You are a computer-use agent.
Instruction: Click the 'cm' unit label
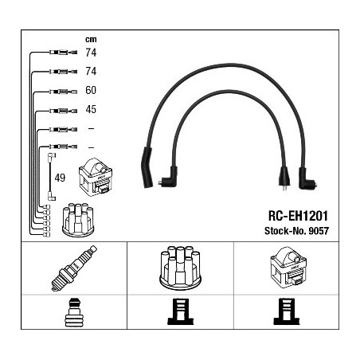[x=91, y=40]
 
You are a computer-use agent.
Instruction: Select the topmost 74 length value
[x=91, y=53]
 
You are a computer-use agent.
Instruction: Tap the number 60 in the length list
[x=91, y=90]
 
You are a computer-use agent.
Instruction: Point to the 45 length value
[x=91, y=109]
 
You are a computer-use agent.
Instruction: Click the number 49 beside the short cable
[x=60, y=178]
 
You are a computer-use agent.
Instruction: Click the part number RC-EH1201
[x=298, y=216]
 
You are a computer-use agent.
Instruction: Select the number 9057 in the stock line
[x=319, y=231]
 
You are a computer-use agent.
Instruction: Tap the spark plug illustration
[x=74, y=268]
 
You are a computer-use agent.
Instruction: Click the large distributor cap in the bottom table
[x=181, y=268]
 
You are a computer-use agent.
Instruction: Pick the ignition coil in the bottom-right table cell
[x=288, y=268]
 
